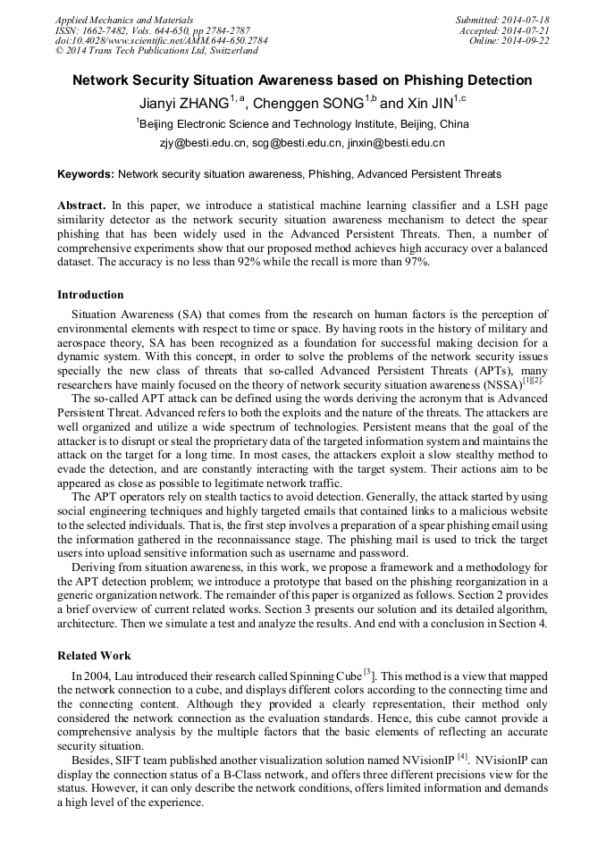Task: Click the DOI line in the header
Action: coord(161,40)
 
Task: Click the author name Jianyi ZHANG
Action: coord(183,103)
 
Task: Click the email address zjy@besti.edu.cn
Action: coord(203,143)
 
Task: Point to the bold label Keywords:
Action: coord(86,173)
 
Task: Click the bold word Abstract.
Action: coord(81,206)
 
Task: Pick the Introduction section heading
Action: coord(90,294)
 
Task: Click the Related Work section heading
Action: coord(94,655)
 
